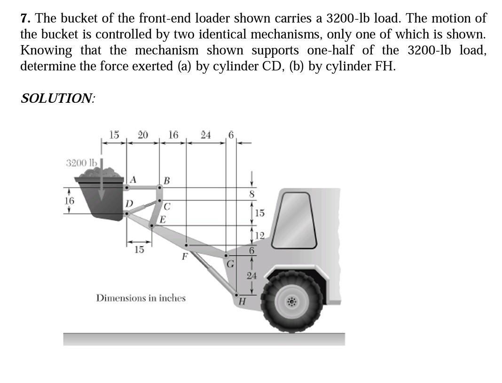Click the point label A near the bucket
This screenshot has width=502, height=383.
(x=133, y=179)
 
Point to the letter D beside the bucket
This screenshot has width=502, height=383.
(x=128, y=204)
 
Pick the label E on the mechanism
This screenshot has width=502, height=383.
(x=163, y=219)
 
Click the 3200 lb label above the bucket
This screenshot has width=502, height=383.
(x=82, y=163)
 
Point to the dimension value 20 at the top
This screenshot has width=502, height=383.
(x=143, y=135)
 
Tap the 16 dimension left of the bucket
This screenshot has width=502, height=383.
(x=70, y=200)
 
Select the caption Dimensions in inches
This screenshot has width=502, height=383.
(x=141, y=298)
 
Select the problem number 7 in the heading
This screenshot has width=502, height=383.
(x=25, y=19)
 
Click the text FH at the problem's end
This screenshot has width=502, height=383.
(x=384, y=66)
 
